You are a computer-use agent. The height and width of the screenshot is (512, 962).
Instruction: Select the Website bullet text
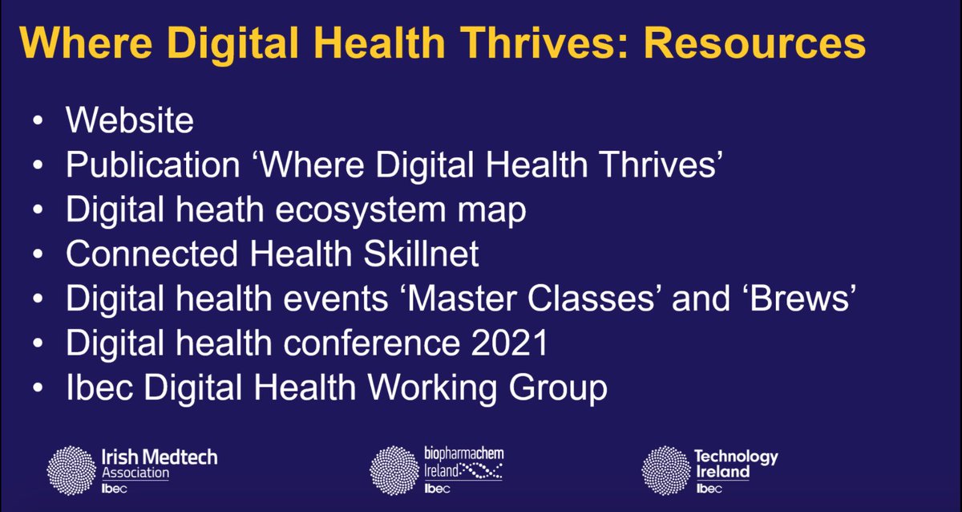tap(130, 120)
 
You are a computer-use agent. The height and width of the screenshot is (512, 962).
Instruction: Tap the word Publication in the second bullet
tap(153, 165)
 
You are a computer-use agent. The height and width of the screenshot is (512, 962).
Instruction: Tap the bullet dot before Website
tap(38, 122)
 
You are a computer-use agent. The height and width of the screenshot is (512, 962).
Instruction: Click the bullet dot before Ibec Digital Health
tap(38, 390)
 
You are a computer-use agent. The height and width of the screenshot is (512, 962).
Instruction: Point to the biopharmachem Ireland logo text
tap(463, 465)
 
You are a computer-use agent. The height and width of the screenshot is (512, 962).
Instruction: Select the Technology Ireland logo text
tap(735, 465)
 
